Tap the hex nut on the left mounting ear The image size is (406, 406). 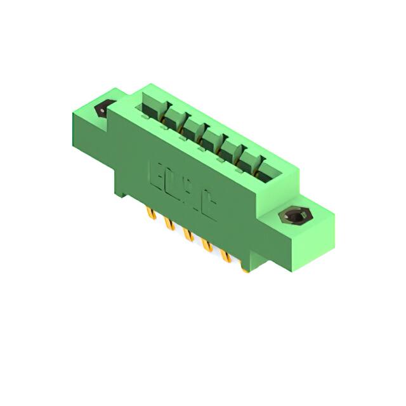tap(104, 108)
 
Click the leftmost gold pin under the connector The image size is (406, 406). tap(150, 213)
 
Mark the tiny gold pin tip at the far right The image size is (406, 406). tap(245, 270)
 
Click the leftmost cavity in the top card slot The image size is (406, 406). tap(152, 108)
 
